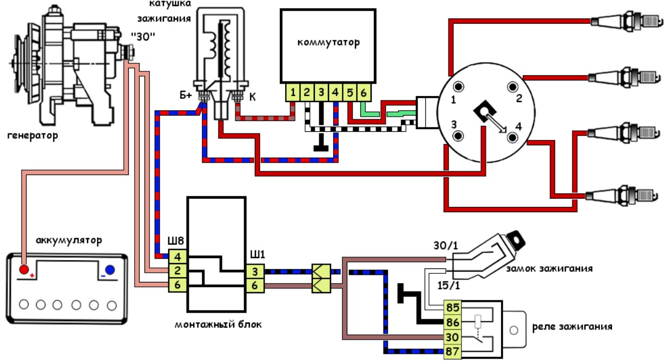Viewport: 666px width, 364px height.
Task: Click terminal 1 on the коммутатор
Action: pos(293,93)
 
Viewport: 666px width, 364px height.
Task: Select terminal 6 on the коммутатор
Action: pos(364,93)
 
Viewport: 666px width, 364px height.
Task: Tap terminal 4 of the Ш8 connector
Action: pos(177,257)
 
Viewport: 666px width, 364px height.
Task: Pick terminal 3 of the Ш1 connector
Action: pos(255,272)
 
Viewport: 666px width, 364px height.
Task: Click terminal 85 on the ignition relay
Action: pos(452,308)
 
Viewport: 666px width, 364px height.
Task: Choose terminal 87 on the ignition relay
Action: pos(452,352)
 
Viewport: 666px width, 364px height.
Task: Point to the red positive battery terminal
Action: pos(24,269)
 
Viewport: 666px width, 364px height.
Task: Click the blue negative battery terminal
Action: pos(110,270)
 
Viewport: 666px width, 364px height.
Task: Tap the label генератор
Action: pos(32,136)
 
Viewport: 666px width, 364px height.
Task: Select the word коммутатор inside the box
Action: pos(328,43)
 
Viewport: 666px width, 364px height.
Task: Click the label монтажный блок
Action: pos(218,325)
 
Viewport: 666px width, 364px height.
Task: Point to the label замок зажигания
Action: pos(549,268)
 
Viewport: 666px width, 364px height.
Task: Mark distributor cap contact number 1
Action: pos(458,87)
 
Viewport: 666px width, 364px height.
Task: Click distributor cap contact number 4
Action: pos(512,138)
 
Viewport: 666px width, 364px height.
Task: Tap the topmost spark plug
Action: pos(627,21)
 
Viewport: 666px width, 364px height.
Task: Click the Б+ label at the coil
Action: pos(186,95)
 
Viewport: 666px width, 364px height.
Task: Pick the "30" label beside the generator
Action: pos(143,37)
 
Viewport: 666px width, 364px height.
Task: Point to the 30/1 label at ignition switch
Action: pos(446,246)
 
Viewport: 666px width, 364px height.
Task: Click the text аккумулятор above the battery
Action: pos(69,240)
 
